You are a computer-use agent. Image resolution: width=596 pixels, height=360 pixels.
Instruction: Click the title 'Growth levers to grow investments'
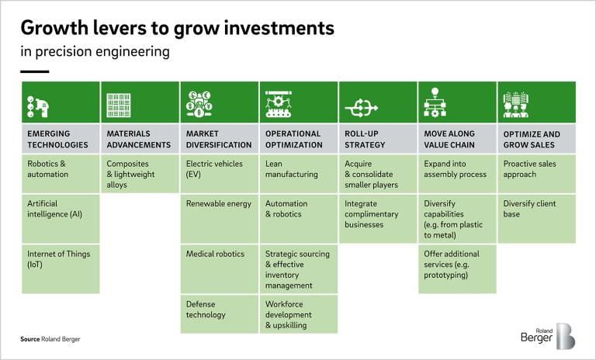[x=177, y=29]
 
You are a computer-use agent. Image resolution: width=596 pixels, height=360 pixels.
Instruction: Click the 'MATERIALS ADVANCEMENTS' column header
[x=138, y=139]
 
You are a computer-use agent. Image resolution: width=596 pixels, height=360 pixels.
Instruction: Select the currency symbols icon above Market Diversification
[x=199, y=103]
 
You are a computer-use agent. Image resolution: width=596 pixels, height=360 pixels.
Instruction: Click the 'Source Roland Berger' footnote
[x=50, y=340]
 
